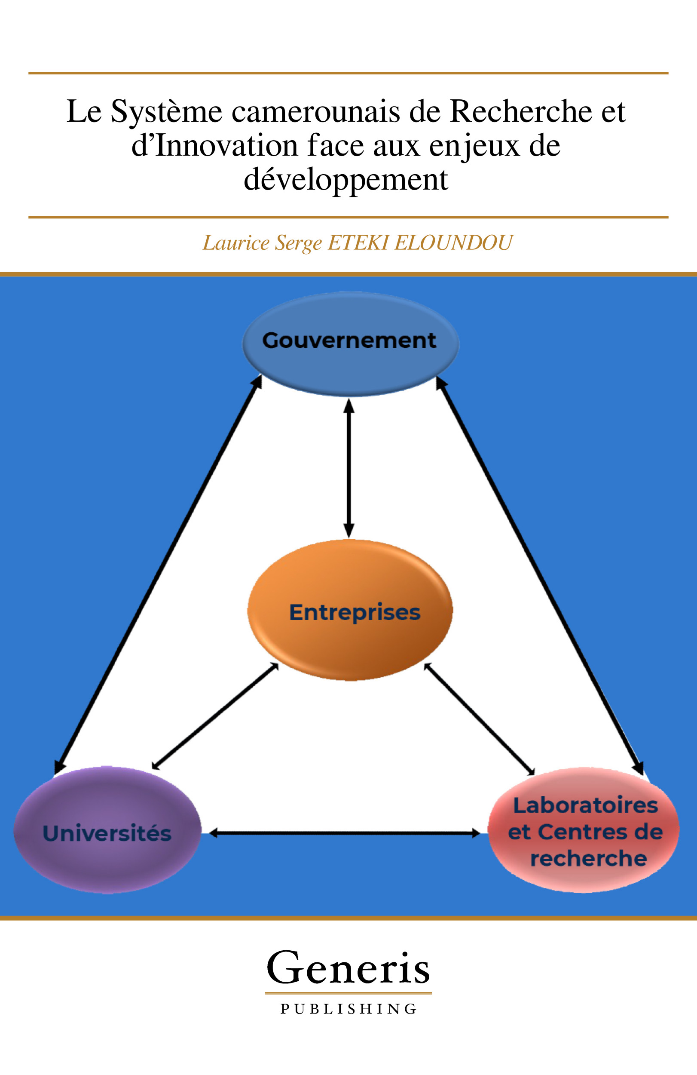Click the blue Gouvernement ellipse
350,343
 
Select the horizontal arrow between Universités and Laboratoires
344,833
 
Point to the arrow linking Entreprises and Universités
215,716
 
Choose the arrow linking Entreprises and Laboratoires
480,719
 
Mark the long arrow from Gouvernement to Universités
158,574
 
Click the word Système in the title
167,111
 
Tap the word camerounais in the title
315,111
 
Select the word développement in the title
346,180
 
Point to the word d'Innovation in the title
215,146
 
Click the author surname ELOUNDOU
453,243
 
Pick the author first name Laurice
235,243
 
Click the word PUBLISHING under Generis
348,1009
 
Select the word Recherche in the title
521,111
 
